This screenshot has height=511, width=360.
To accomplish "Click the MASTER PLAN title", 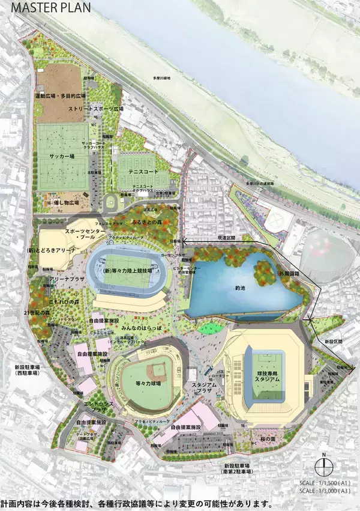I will tap(41, 8).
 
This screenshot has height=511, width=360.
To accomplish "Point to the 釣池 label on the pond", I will tap(240, 288).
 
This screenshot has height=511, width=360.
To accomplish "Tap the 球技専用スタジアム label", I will tap(262, 377).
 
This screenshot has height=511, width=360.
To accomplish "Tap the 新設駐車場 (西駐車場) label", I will tap(25, 370).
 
